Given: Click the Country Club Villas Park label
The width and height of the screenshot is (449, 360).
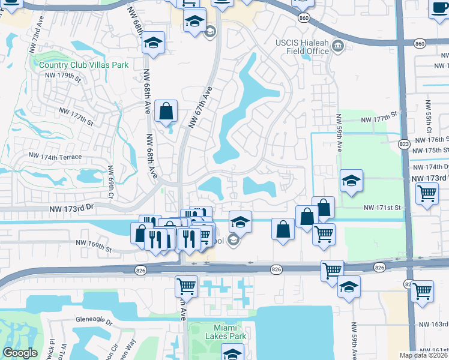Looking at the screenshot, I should pyautogui.click(x=75, y=65).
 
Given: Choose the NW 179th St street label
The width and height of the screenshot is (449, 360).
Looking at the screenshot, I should pyautogui.click(x=62, y=76).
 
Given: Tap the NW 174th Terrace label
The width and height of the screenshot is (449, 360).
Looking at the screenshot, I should pyautogui.click(x=55, y=156).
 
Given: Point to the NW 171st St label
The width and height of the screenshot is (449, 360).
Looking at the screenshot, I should pyautogui.click(x=382, y=208).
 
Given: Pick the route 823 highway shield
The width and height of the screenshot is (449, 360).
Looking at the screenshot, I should pyautogui.click(x=404, y=144).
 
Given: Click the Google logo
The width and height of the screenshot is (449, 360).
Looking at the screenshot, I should pyautogui.click(x=20, y=353).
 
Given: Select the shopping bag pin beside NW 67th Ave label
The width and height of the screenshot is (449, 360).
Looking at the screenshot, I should pyautogui.click(x=166, y=111).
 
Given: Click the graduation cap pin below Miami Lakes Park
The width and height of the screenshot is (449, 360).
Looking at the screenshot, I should pyautogui.click(x=232, y=353).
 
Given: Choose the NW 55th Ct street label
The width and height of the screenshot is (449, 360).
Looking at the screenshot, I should pyautogui.click(x=428, y=117).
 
